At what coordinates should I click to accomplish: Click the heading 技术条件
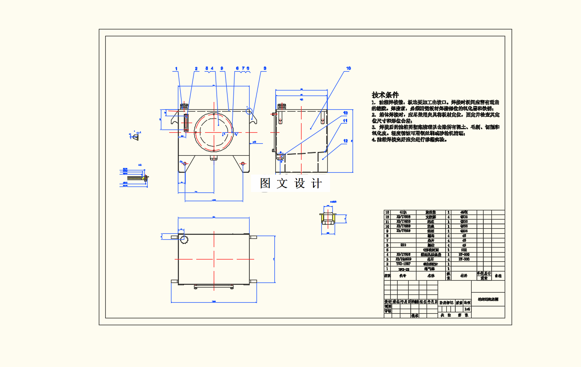pyautogui.click(x=385, y=95)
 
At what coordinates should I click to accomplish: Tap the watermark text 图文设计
pyautogui.click(x=291, y=183)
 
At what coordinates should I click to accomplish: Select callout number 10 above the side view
pyautogui.click(x=348, y=68)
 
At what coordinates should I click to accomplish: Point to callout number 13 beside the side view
pyautogui.click(x=345, y=113)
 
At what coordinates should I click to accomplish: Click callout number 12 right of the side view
pyautogui.click(x=345, y=141)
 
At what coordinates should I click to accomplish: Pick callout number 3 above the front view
pyautogui.click(x=265, y=68)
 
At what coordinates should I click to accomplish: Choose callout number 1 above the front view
pyautogui.click(x=176, y=68)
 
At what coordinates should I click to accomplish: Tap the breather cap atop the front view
pyautogui.click(x=184, y=107)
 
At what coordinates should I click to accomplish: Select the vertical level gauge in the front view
pyautogui.click(x=186, y=123)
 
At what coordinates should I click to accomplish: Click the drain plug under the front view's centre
pyautogui.click(x=214, y=158)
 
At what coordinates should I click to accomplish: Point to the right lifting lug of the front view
pyautogui.click(x=254, y=120)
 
